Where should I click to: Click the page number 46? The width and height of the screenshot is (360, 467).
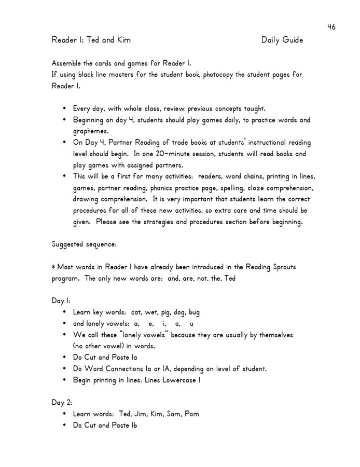click(331, 27)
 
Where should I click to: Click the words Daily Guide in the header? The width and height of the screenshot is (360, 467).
click(282, 40)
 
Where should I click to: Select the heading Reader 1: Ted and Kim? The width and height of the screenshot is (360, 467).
click(91, 40)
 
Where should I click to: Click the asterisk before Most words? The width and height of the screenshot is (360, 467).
click(53, 267)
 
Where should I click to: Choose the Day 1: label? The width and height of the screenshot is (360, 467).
click(61, 300)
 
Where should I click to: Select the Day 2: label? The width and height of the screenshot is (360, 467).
click(62, 402)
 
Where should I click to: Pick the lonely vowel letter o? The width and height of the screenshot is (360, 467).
click(170, 324)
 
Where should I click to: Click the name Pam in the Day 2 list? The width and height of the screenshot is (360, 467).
click(191, 414)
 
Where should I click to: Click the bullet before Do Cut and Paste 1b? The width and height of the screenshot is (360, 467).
click(64, 425)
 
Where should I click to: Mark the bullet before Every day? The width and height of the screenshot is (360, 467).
click(64, 109)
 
